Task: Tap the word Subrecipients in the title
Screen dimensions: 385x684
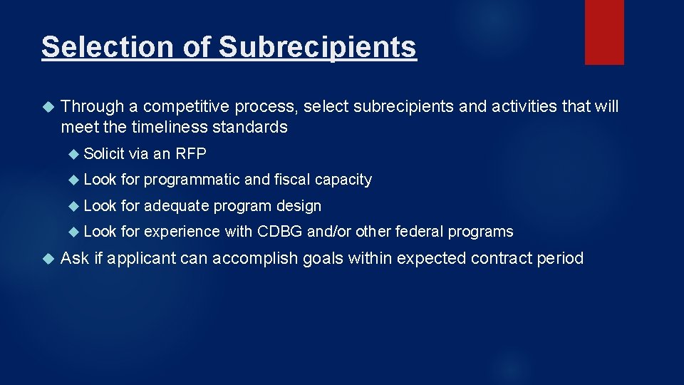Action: click(x=318, y=47)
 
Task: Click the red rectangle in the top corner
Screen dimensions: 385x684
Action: click(x=604, y=32)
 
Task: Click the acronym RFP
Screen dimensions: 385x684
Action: click(x=189, y=154)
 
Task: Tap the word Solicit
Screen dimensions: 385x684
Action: click(x=104, y=154)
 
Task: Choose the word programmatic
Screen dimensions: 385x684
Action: click(x=192, y=180)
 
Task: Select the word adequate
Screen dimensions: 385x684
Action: click(x=177, y=206)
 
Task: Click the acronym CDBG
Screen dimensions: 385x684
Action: click(x=280, y=232)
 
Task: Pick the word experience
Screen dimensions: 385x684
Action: click(x=182, y=232)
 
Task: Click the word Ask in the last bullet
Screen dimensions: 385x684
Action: click(x=75, y=258)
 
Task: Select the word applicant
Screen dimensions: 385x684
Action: click(x=135, y=258)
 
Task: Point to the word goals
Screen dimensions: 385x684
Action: click(x=323, y=258)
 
